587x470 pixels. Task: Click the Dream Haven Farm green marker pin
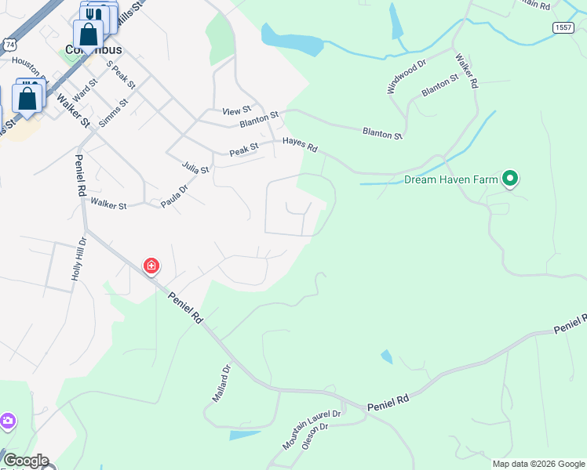pos(510,179)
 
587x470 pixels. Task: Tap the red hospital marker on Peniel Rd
pos(151,266)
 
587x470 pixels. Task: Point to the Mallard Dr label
pos(221,383)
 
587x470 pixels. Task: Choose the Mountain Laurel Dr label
pos(312,429)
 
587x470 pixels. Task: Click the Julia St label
pos(195,168)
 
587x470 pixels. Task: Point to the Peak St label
pos(243,149)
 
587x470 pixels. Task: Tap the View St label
pos(236,111)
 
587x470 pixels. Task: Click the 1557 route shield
pos(563,27)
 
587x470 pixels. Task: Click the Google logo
pos(25,461)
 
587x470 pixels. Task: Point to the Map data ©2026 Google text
pos(538,464)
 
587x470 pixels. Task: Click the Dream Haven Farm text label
pos(451,179)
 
